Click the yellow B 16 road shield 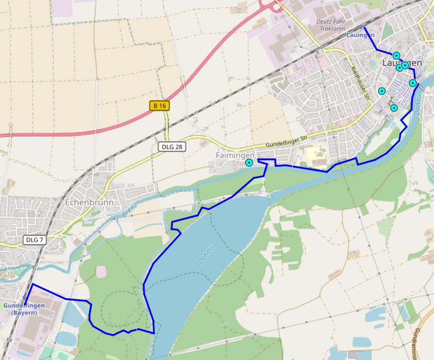[160, 106]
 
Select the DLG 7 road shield [34, 240]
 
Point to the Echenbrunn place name [89, 202]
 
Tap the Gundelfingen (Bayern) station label [24, 309]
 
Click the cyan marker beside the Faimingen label [249, 163]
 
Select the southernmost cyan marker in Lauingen [393, 108]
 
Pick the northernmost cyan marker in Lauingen [396, 55]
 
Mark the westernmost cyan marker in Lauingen [382, 91]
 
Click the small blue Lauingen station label [360, 35]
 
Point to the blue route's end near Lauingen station [365, 27]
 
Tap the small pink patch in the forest [101, 271]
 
